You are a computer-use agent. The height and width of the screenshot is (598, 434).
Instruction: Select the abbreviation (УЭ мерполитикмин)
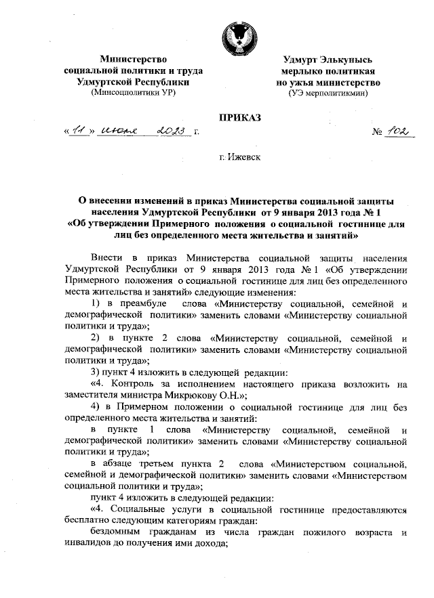tap(328, 93)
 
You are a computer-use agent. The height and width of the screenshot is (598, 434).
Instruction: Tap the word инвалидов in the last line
tap(90, 546)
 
